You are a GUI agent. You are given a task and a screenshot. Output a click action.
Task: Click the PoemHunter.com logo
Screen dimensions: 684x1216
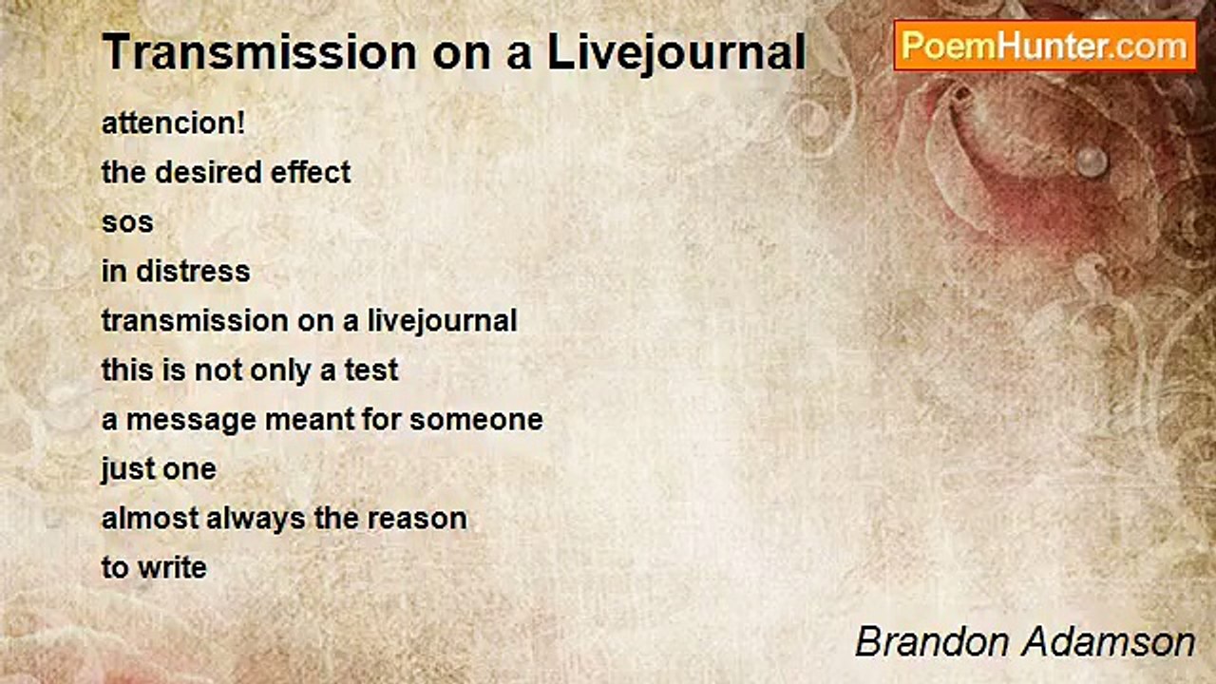coord(1044,46)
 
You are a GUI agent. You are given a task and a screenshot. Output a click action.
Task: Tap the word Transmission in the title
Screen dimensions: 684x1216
coord(256,52)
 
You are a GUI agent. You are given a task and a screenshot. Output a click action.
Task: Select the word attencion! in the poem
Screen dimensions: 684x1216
coord(173,123)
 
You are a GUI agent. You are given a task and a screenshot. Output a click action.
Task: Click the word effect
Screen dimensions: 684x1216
coord(311,172)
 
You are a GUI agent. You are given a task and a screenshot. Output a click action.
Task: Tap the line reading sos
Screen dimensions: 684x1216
coord(127,222)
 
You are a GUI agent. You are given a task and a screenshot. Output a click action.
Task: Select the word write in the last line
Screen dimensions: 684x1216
coord(172,568)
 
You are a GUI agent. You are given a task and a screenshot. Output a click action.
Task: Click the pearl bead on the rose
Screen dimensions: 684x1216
coord(1092,160)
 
